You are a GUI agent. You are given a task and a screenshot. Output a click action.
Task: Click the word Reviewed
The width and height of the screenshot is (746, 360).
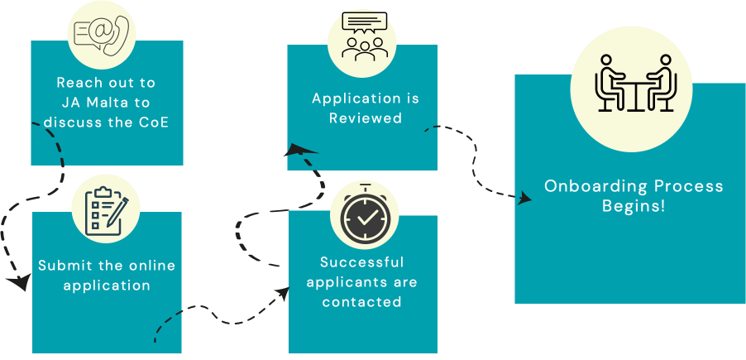coord(365,118)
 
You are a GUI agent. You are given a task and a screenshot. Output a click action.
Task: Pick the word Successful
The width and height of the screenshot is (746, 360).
coord(362,262)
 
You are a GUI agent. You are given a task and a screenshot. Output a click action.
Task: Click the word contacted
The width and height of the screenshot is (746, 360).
coord(362,302)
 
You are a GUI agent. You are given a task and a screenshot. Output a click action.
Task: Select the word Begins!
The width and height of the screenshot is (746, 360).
coord(634,205)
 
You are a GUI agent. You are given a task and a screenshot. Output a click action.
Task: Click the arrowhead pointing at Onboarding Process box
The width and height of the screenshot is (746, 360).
coord(524,199)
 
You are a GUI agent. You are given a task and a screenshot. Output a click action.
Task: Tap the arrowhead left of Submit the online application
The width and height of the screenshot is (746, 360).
coord(17,283)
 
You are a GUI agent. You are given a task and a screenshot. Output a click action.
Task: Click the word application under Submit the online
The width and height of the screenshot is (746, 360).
coord(107,286)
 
